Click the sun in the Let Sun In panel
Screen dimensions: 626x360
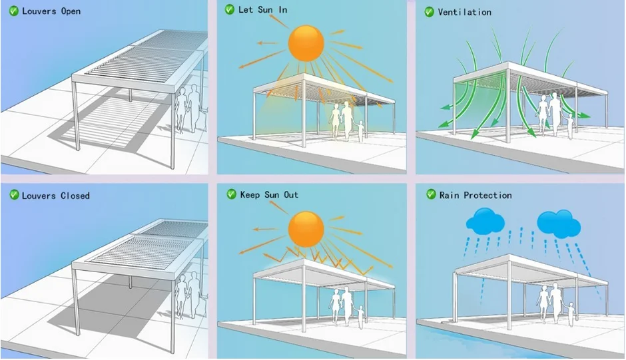click(x=306, y=43)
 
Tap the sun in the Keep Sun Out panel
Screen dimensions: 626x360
click(x=306, y=230)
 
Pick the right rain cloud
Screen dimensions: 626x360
click(x=558, y=223)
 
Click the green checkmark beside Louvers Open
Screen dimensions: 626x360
click(x=13, y=11)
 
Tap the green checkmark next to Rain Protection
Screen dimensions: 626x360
click(x=430, y=195)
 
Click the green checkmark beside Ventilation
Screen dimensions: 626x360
click(x=429, y=12)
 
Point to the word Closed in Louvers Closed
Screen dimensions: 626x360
click(x=75, y=196)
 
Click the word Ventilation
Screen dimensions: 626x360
click(x=465, y=12)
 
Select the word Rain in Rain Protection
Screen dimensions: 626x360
click(x=450, y=195)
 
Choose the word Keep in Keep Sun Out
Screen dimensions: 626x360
click(x=250, y=195)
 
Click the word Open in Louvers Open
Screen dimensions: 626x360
click(x=70, y=11)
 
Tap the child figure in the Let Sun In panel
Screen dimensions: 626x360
click(x=362, y=130)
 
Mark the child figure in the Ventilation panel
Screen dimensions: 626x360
click(x=571, y=124)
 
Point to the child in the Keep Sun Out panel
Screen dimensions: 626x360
click(x=360, y=315)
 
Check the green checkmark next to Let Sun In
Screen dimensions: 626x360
click(x=230, y=10)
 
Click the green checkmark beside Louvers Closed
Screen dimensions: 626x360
click(x=13, y=195)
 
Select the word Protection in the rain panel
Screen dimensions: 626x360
click(x=488, y=195)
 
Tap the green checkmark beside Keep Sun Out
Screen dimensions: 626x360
click(x=231, y=194)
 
